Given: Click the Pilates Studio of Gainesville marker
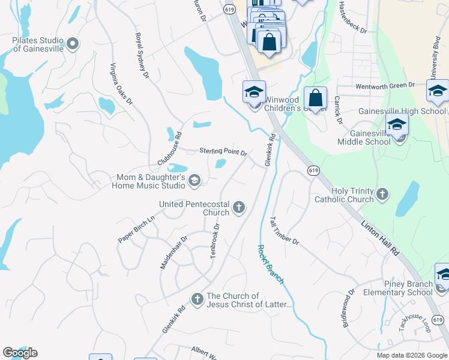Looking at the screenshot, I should pos(73,43).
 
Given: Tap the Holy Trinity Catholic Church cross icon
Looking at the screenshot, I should pos(382,194).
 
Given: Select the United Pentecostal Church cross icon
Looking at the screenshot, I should pos(239,208).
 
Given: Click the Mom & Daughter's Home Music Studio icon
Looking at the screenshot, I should pos(194,180).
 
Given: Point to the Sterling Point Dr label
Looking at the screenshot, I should pos(223,152).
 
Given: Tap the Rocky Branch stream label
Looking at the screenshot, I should pos(271,264).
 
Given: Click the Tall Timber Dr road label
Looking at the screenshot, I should pos(284,230).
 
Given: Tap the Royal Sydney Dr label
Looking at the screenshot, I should pos(142,55).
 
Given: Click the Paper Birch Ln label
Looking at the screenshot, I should pos(136,229).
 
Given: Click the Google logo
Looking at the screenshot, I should pos(20,352).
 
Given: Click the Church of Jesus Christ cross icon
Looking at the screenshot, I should pos(197,298).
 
